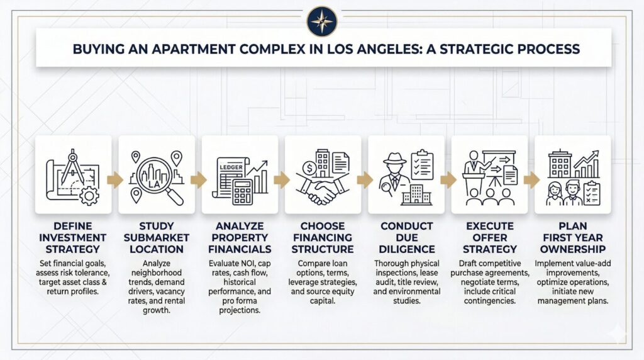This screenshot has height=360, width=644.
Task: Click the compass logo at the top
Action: click(321, 21)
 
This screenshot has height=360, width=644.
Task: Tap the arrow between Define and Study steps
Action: click(115, 180)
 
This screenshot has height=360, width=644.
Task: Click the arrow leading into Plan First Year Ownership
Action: click(531, 180)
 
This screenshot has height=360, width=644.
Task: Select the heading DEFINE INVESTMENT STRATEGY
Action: click(73, 237)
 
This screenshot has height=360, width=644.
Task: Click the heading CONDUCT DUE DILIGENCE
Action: click(406, 237)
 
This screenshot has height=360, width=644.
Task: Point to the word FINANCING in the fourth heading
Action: click(323, 237)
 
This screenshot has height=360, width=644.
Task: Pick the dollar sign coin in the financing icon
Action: click(309, 168)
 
